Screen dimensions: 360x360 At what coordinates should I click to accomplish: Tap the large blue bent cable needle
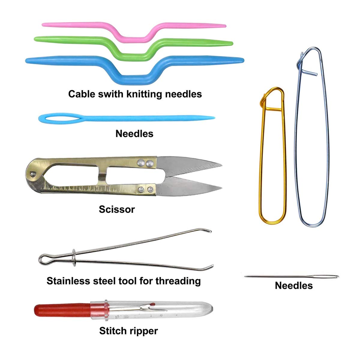(x=75, y=60)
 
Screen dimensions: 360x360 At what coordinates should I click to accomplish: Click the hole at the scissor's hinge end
(x=32, y=173)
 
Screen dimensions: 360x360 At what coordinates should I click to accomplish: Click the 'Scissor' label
(x=117, y=209)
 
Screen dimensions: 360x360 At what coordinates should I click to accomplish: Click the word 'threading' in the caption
(x=178, y=281)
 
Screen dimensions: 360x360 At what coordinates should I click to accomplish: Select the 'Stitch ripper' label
(x=128, y=331)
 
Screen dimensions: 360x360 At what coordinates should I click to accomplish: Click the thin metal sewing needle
(x=291, y=276)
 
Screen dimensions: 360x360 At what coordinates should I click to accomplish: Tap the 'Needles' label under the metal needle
(x=294, y=285)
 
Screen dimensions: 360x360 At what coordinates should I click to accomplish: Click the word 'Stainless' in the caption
(x=68, y=281)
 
